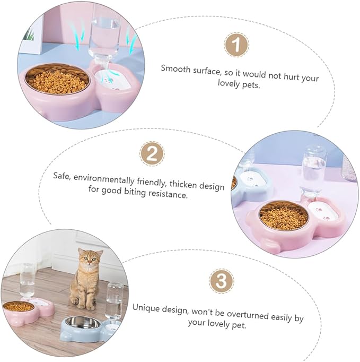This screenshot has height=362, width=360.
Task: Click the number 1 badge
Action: (x=236, y=45)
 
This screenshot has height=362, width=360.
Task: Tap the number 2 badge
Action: (x=152, y=153)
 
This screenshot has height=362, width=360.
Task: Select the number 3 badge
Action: (x=222, y=281)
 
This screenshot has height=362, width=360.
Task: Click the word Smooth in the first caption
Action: (x=175, y=69)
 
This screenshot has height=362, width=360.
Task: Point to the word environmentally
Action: (x=104, y=179)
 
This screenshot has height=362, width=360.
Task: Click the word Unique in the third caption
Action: (x=146, y=308)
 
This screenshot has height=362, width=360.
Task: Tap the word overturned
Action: (x=248, y=314)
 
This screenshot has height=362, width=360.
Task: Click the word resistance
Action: (x=168, y=194)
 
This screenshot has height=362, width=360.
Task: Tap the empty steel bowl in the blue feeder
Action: (x=83, y=323)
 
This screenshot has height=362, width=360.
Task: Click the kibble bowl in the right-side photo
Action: (x=284, y=216)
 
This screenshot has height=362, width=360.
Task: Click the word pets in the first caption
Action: (x=252, y=85)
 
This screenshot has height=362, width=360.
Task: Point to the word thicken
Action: (x=183, y=184)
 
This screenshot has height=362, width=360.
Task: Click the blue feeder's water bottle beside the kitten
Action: (x=114, y=301)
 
